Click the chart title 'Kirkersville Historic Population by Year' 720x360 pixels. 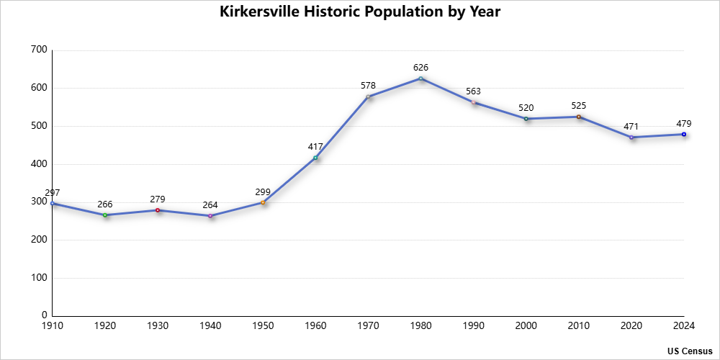[359, 12]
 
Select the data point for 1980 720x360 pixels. [420, 78]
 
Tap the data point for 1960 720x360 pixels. [315, 158]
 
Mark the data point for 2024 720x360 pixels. [683, 134]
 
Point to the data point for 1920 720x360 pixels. [105, 215]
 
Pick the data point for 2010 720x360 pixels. [578, 117]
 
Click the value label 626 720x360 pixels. [420, 68]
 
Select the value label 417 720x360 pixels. [315, 147]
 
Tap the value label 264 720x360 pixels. [210, 205]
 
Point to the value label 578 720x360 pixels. [368, 86]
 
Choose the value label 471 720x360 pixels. [631, 127]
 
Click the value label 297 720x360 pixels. [53, 193]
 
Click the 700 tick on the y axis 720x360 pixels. [40, 50]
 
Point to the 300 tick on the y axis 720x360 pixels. [40, 202]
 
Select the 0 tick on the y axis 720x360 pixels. [44, 315]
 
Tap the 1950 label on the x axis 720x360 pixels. [263, 326]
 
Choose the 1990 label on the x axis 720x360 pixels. [473, 326]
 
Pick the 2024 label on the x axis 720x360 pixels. [683, 326]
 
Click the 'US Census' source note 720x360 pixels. [690, 351]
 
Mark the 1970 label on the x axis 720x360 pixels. [368, 326]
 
